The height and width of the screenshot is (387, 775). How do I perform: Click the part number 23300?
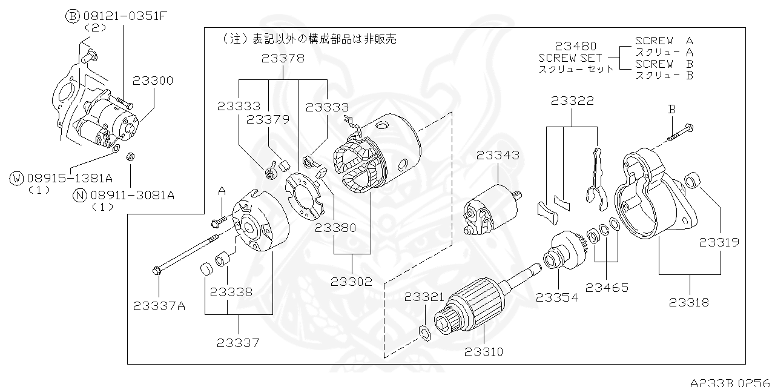(x=153, y=81)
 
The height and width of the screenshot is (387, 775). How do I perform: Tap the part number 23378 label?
(x=283, y=59)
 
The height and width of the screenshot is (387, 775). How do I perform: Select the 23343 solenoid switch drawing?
(x=490, y=208)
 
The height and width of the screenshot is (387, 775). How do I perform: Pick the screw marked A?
(x=219, y=221)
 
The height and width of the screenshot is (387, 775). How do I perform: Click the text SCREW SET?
(x=570, y=58)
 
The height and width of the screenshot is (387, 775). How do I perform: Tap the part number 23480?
(x=576, y=46)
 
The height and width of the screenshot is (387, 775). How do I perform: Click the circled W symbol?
(x=16, y=178)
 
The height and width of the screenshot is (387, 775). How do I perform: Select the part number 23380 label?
(x=335, y=228)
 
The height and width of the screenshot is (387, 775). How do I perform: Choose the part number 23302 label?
(x=351, y=282)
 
